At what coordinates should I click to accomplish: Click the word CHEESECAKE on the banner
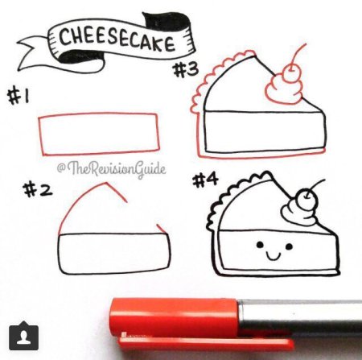pyautogui.click(x=117, y=39)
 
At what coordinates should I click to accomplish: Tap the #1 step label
pyautogui.click(x=19, y=97)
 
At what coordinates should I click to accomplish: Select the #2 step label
pyautogui.click(x=38, y=189)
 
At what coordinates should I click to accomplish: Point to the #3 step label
pyautogui.click(x=186, y=69)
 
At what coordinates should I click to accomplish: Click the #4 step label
pyautogui.click(x=206, y=180)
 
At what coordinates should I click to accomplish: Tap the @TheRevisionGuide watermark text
pyautogui.click(x=112, y=168)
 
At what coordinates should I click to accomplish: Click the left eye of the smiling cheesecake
pyautogui.click(x=260, y=245)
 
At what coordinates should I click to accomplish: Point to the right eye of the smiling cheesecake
pyautogui.click(x=289, y=246)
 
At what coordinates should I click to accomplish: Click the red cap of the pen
pyautogui.click(x=175, y=320)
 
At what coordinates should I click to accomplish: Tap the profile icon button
pyautogui.click(x=23, y=336)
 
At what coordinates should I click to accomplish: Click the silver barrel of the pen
pyautogui.click(x=300, y=317)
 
